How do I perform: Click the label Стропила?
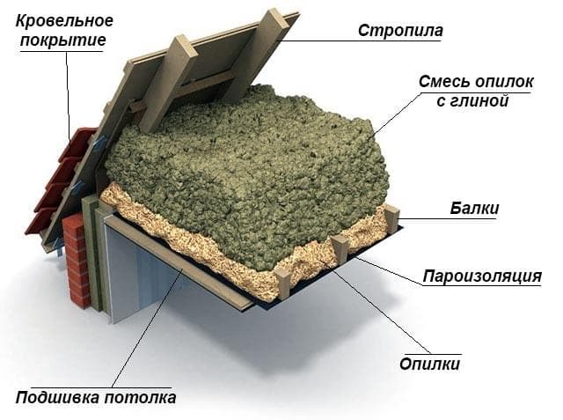[x=400, y=31]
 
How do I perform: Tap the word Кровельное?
[x=64, y=21]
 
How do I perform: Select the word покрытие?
[x=62, y=40]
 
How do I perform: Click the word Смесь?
[x=443, y=82]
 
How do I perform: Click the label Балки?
[x=474, y=209]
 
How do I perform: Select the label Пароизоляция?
[x=482, y=276]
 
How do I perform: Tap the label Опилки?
[x=429, y=364]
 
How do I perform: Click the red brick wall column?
[x=77, y=260]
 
